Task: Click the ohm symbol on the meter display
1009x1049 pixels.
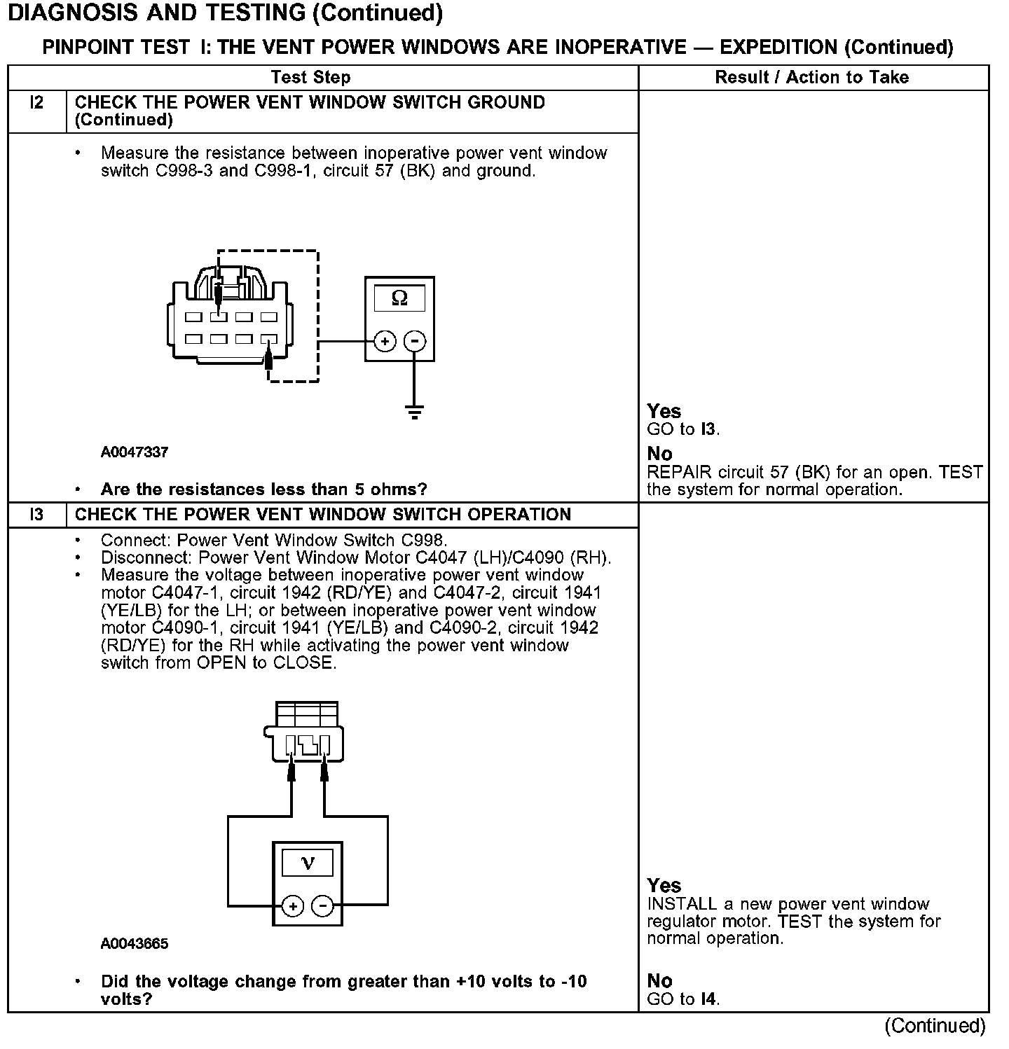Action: pos(399,298)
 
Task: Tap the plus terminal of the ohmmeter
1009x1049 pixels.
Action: pos(385,342)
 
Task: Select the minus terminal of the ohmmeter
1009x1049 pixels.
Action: pos(415,342)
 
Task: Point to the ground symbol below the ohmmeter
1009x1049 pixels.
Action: pos(415,411)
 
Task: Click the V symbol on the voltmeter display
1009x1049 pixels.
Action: pos(308,862)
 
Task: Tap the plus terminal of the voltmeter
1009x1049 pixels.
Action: pos(293,906)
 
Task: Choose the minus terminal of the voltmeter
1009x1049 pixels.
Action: pos(322,906)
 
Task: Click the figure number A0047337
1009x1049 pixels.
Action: pos(135,452)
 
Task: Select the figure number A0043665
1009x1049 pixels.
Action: pos(135,944)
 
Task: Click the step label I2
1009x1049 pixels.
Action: pos(36,103)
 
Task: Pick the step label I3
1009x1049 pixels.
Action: pos(36,515)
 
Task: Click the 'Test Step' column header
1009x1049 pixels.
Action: pos(310,78)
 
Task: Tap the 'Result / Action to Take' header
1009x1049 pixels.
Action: pos(811,78)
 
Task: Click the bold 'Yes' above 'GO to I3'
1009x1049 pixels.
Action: pos(664,411)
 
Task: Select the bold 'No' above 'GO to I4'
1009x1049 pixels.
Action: pos(659,980)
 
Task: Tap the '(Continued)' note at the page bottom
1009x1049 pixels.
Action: pos(935,1026)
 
